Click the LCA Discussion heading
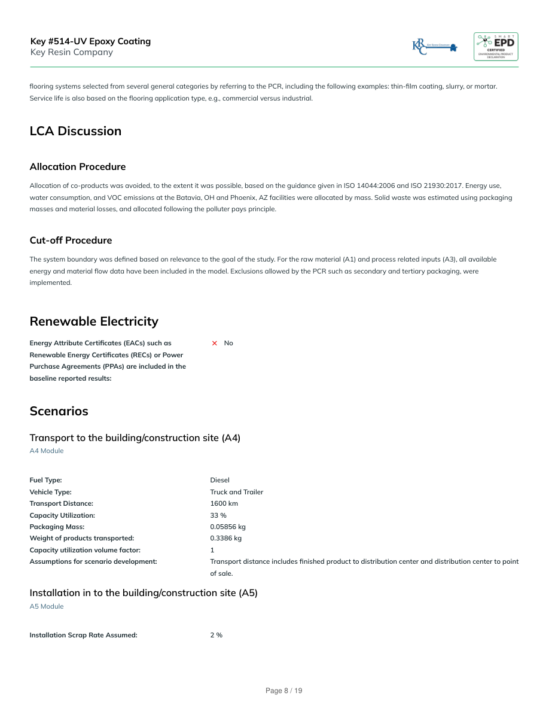coord(75,131)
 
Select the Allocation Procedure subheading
coord(77,166)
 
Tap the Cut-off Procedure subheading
coord(71,240)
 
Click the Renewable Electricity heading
coord(94,321)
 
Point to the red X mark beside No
coord(215,343)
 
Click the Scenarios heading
coord(59,411)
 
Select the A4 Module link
coord(46,451)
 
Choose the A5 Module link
coord(46,606)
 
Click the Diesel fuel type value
coord(219,480)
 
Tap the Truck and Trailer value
coord(236,492)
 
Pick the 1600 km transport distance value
coord(224,503)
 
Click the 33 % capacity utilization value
coord(218,515)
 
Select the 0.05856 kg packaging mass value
coord(227,527)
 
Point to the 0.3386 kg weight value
coord(225,538)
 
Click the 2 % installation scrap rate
coord(216,635)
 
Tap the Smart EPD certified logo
coord(496,47)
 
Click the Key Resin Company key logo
coord(435,47)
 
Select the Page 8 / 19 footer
coord(283,691)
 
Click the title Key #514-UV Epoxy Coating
coord(90,41)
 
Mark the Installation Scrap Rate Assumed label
coord(83,635)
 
